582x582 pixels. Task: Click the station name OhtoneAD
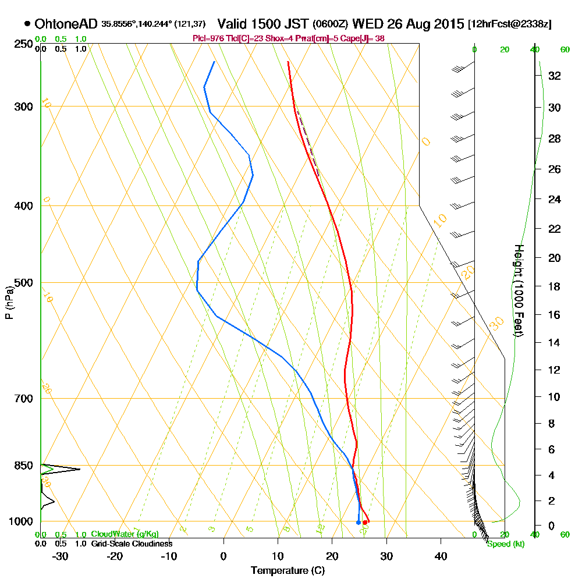coord(66,24)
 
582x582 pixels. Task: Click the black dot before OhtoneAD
coord(27,24)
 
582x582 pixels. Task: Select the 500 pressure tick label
coord(24,283)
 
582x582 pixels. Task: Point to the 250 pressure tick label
coord(24,44)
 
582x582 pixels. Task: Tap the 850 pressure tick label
coord(24,466)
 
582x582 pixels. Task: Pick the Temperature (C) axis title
coord(288,570)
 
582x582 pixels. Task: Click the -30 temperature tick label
coord(61,556)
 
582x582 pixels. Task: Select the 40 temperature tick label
coord(441,556)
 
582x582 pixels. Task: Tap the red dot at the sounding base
coord(365,523)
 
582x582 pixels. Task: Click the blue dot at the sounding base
coord(358,523)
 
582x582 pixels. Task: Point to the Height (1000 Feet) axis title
coord(518,290)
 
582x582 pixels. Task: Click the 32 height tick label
coord(554,75)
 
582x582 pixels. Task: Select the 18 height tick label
coord(554,286)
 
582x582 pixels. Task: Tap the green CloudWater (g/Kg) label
coord(125,534)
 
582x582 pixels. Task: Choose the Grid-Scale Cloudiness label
coord(132,544)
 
